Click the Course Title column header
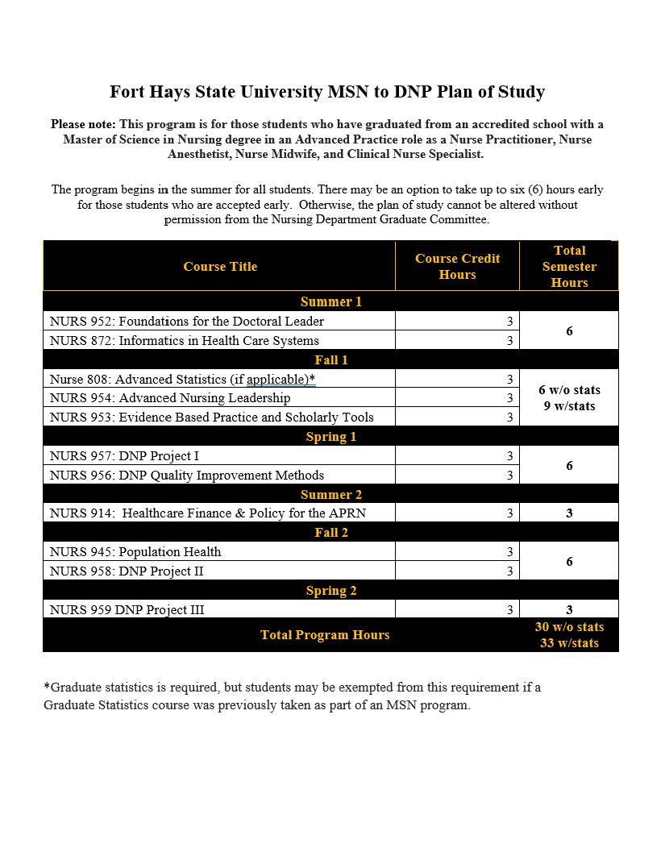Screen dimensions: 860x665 [x=220, y=267]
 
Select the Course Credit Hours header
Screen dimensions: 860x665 [x=457, y=267]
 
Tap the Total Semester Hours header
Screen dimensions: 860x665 [x=569, y=267]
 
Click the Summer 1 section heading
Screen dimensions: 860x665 [x=330, y=301]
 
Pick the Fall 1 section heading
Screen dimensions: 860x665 [x=330, y=360]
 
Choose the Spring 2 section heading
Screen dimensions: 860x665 [x=330, y=591]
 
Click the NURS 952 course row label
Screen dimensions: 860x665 [x=186, y=321]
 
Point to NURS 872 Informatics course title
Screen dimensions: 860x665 [x=184, y=340]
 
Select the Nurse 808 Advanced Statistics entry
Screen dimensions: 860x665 [x=182, y=379]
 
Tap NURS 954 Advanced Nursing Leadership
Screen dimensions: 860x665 [x=169, y=397]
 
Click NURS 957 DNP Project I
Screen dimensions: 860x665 [x=124, y=456]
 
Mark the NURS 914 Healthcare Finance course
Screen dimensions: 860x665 [x=210, y=513]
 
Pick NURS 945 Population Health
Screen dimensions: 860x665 [x=135, y=552]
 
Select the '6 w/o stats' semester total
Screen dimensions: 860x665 [x=569, y=390]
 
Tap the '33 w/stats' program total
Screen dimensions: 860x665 [x=569, y=643]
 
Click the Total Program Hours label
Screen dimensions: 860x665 [x=325, y=635]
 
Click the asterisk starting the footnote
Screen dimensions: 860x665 [x=46, y=687]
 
